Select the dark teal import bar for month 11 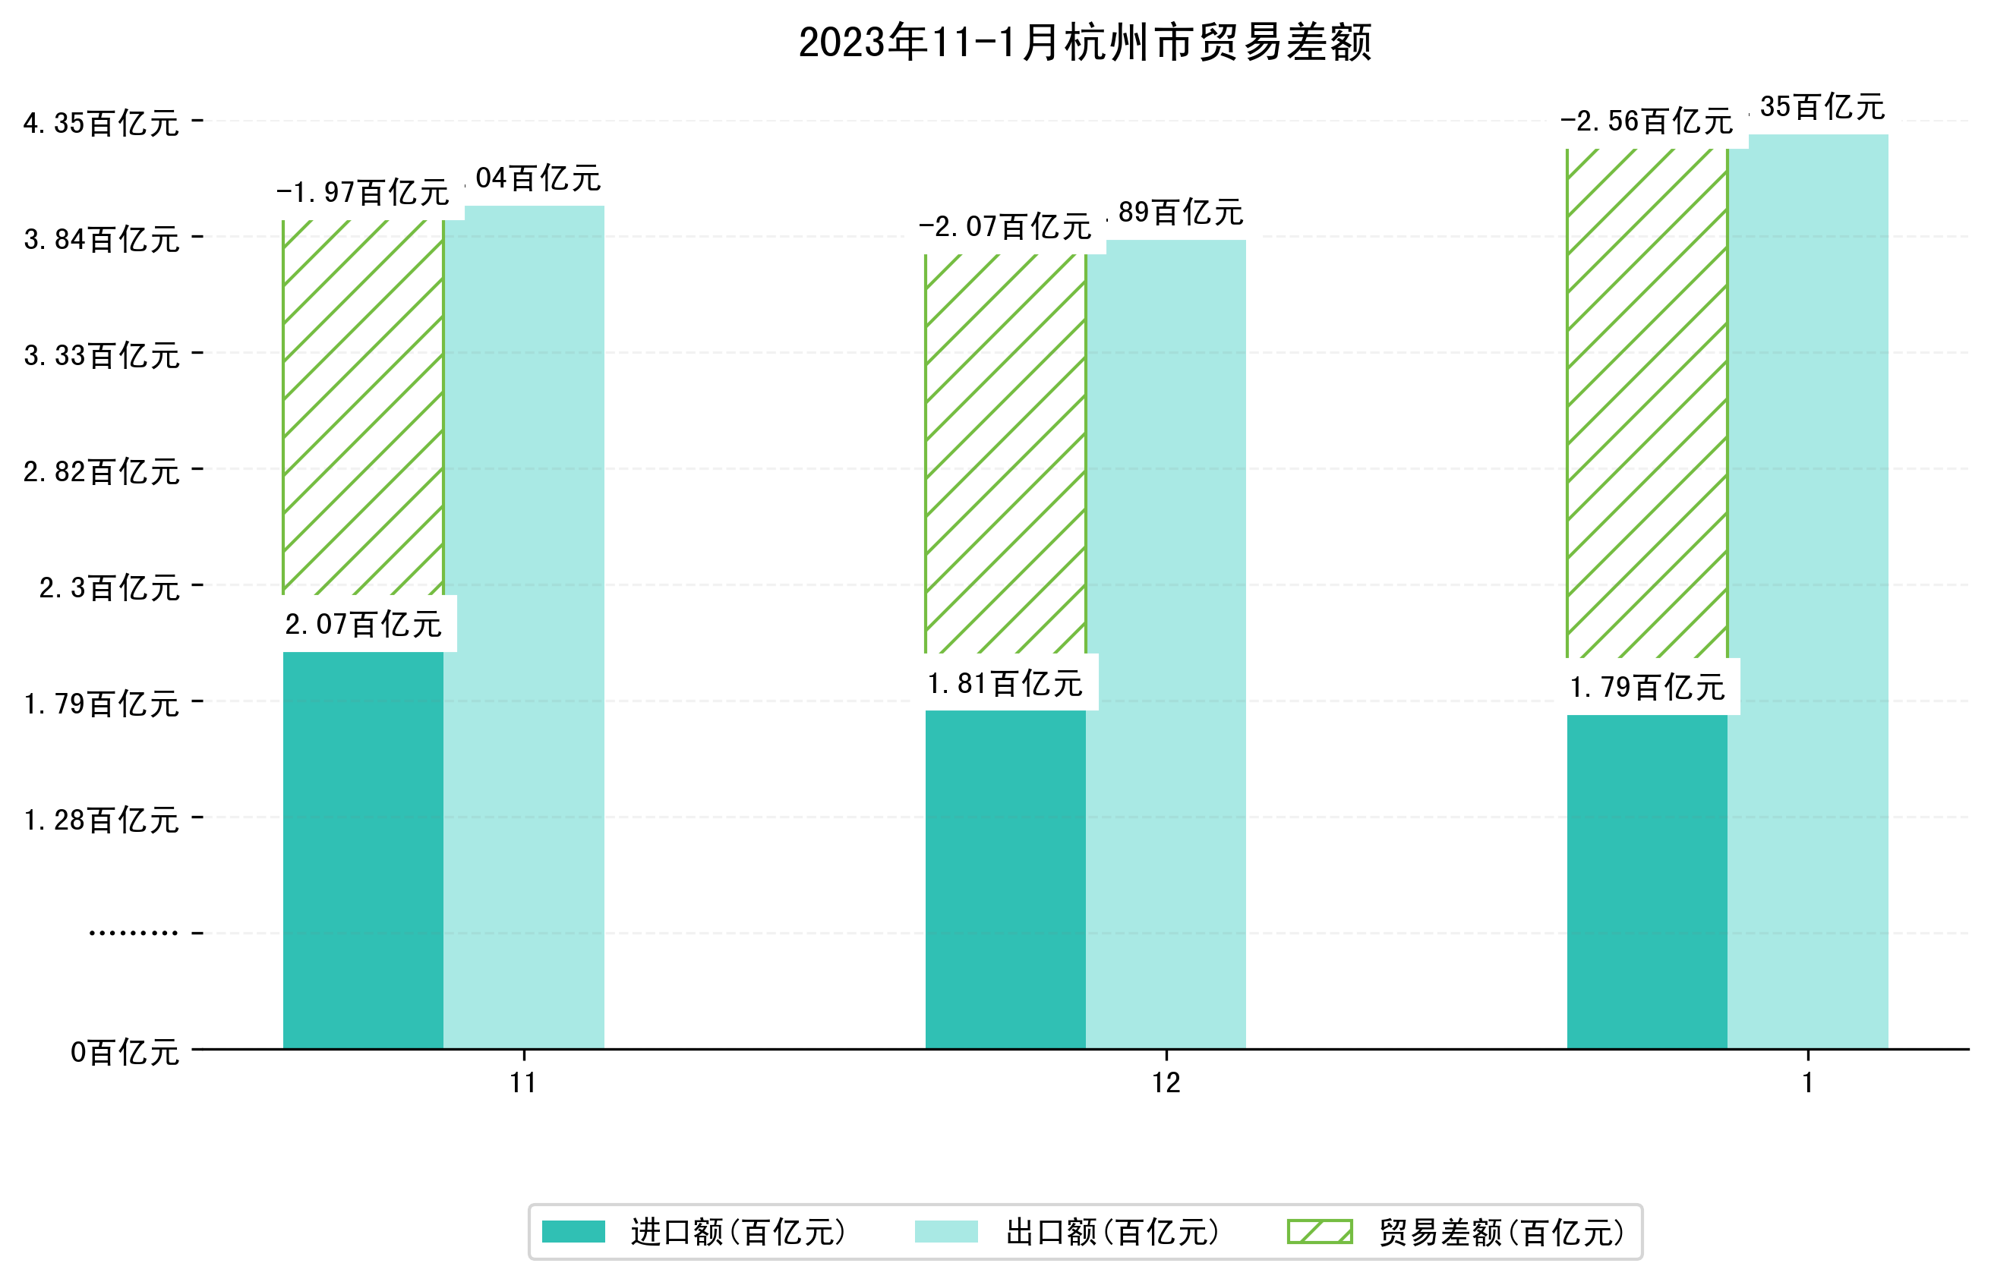pos(363,849)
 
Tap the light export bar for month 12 pos(1166,641)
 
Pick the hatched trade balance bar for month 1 pos(1646,404)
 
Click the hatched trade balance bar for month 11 pos(363,408)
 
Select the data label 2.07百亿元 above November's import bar pos(363,623)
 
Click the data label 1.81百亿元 pos(1005,683)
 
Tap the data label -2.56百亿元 pos(1646,121)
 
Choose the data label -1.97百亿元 pos(363,192)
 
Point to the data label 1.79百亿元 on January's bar pos(1646,688)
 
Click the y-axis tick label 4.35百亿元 pos(101,123)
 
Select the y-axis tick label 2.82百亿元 pos(101,472)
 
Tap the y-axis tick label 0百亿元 pos(124,1052)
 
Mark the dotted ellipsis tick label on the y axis pos(133,933)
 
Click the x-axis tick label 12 pos(1166,1083)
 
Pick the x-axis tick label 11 pos(523,1083)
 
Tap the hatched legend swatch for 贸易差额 pos(1319,1232)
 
